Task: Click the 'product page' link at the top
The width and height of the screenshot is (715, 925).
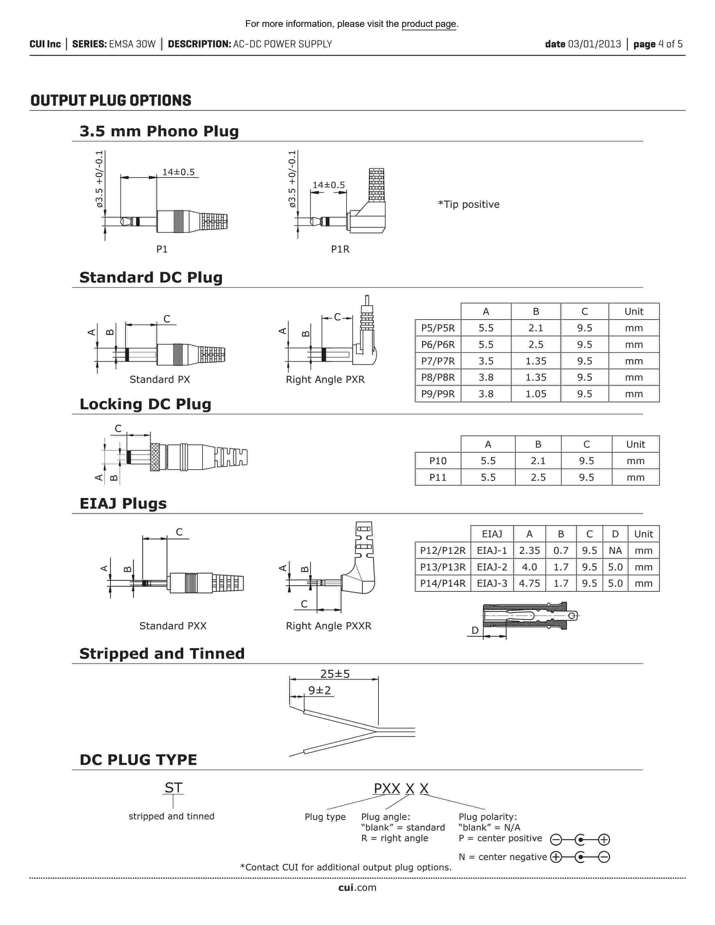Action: (x=429, y=24)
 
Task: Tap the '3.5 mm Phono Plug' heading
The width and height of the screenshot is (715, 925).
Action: (x=159, y=131)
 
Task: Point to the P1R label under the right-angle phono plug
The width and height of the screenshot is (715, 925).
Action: (x=340, y=249)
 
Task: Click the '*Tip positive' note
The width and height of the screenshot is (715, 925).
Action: (x=469, y=205)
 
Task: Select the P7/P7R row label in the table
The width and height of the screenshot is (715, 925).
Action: (x=438, y=361)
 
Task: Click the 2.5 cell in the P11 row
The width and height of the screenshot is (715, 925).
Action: (x=538, y=477)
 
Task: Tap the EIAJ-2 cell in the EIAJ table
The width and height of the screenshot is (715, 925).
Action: (x=492, y=567)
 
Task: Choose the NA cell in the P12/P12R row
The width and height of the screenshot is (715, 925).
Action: (x=615, y=551)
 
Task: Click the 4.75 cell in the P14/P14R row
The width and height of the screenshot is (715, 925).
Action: (x=529, y=583)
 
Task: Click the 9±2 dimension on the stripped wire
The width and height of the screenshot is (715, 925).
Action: (x=319, y=690)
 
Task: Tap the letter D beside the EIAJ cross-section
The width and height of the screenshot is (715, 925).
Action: (x=475, y=630)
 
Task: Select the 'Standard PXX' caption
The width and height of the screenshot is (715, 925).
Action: (x=173, y=626)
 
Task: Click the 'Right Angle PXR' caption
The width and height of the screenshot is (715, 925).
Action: (x=325, y=380)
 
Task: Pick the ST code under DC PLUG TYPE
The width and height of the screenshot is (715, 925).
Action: (x=173, y=788)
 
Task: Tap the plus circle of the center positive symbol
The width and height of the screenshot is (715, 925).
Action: (x=604, y=840)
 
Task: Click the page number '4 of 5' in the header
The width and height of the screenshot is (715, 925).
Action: (x=670, y=44)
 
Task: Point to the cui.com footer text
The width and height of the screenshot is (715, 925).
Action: (x=357, y=888)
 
